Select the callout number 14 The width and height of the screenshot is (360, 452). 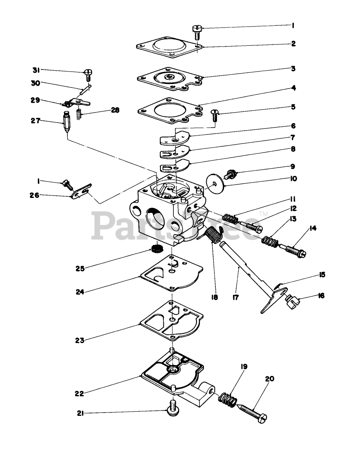313,228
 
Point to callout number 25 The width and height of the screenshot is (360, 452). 80,269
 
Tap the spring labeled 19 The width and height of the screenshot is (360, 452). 228,400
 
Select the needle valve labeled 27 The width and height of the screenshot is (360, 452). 66,121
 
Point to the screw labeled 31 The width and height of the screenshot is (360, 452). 88,74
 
